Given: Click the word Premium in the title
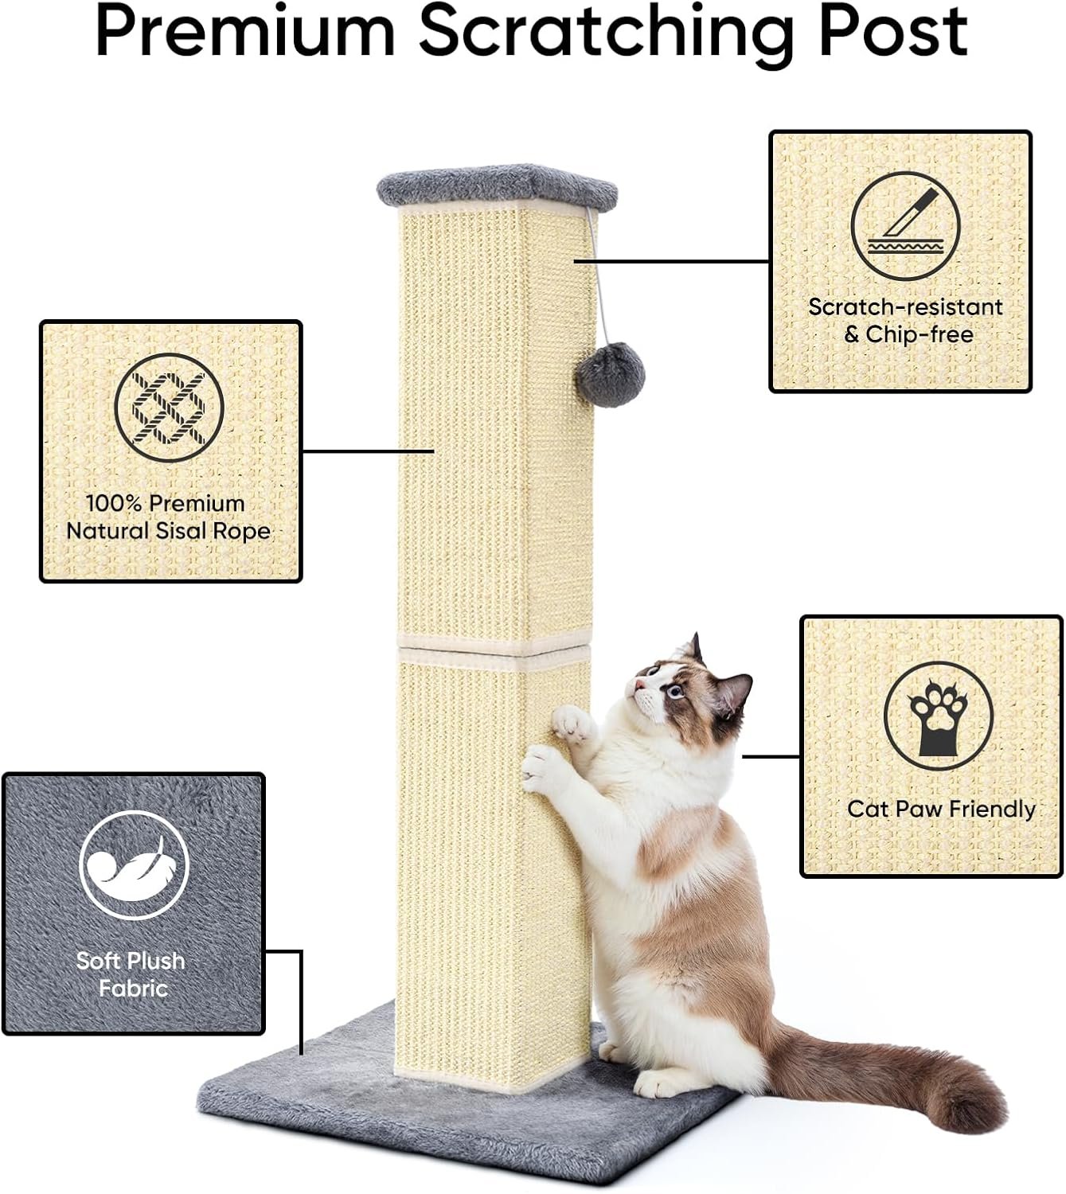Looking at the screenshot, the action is pyautogui.click(x=244, y=33).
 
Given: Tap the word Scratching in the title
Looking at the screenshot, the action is pyautogui.click(x=607, y=35).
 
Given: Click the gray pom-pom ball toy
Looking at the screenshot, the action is pyautogui.click(x=610, y=374).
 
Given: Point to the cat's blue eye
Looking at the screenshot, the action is pyautogui.click(x=676, y=691).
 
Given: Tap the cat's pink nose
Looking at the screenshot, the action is pyautogui.click(x=638, y=685).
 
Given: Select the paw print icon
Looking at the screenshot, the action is pyautogui.click(x=939, y=716).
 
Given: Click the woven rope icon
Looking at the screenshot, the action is pyautogui.click(x=170, y=408).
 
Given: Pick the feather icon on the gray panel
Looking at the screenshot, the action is pyautogui.click(x=134, y=864).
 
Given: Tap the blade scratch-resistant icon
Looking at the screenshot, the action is pyautogui.click(x=905, y=226).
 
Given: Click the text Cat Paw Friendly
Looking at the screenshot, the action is pyautogui.click(x=941, y=809).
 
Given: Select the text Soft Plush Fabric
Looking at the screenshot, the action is pyautogui.click(x=131, y=974).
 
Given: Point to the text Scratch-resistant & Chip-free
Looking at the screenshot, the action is pyautogui.click(x=906, y=320).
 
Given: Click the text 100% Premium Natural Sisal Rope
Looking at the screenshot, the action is pyautogui.click(x=168, y=517).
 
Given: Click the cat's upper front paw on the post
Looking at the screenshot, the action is pyautogui.click(x=572, y=724).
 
